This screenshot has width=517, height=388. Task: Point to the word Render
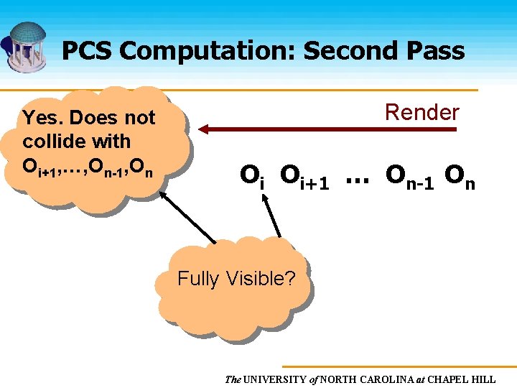point(421,112)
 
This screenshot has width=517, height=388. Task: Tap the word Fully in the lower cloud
point(199,278)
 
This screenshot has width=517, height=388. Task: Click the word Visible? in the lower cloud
point(261,278)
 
